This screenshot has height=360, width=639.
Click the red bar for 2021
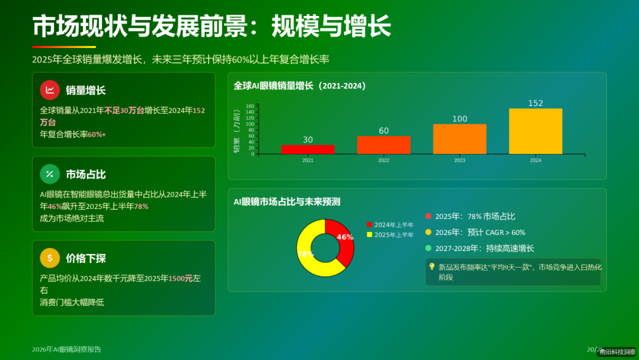[x=308, y=149]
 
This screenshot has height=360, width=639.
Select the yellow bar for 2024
[x=535, y=131]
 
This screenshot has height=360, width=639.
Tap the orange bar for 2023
[x=460, y=139]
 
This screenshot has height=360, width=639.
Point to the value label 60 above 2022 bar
[x=384, y=131]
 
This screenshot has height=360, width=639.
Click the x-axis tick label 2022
[x=384, y=160]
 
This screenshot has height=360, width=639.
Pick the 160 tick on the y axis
[x=250, y=106]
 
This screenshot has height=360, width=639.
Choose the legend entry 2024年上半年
[x=390, y=225]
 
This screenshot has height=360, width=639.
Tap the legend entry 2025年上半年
[x=390, y=235]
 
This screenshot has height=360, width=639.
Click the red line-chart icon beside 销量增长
[x=50, y=90]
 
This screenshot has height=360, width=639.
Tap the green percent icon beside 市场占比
[x=50, y=174]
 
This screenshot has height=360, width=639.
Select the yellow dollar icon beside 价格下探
[x=50, y=258]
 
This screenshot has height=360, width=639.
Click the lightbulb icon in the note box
[x=432, y=267]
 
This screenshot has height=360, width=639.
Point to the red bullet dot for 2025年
[x=428, y=217]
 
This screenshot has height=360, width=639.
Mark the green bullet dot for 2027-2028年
[x=428, y=249]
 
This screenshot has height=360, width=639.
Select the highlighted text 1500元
[x=180, y=278]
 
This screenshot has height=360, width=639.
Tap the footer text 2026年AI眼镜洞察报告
[x=66, y=349]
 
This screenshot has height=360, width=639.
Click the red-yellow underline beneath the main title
[x=64, y=47]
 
